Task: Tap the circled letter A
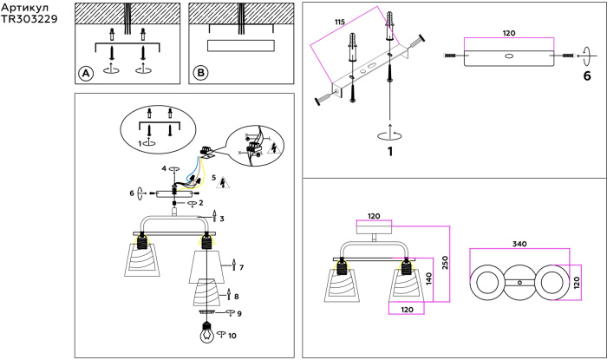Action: pyautogui.click(x=86, y=74)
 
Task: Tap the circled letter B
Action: pyautogui.click(x=201, y=74)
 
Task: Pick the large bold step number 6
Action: pyautogui.click(x=586, y=75)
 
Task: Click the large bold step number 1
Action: pyautogui.click(x=390, y=152)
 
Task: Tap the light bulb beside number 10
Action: pyautogui.click(x=207, y=332)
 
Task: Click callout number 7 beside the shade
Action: pyautogui.click(x=241, y=267)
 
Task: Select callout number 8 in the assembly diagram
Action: pyautogui.click(x=236, y=297)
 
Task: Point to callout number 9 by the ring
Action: pyautogui.click(x=239, y=314)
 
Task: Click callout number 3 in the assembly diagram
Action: pyautogui.click(x=222, y=219)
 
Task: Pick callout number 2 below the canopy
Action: pyautogui.click(x=200, y=203)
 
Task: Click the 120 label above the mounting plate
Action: pyautogui.click(x=509, y=33)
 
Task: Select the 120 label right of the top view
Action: pyautogui.click(x=578, y=282)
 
